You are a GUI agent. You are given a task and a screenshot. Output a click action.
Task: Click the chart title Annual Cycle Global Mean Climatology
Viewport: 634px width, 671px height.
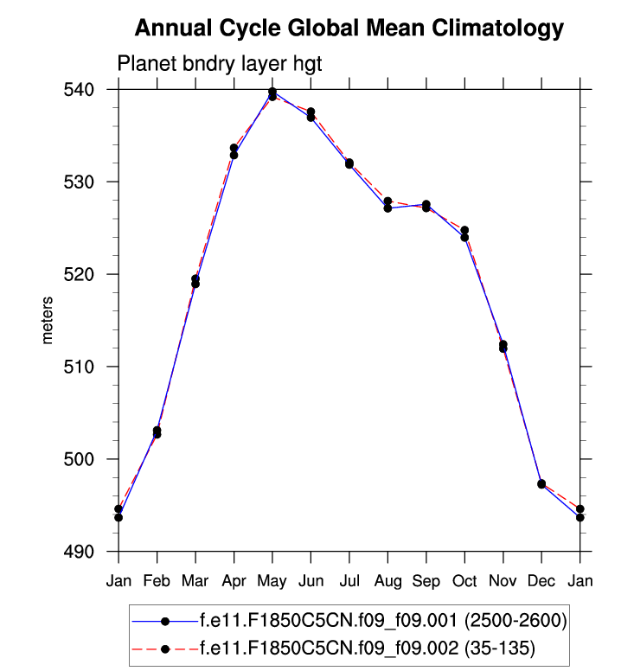(x=349, y=29)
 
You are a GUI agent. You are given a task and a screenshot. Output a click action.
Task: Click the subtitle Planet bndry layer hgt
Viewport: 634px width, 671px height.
(x=219, y=65)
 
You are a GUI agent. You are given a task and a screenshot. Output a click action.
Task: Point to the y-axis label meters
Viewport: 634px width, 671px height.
(x=48, y=320)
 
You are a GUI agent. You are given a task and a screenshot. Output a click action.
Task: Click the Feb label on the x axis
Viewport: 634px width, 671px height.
(x=157, y=580)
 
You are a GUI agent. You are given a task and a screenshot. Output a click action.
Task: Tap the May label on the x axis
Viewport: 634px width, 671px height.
(x=272, y=580)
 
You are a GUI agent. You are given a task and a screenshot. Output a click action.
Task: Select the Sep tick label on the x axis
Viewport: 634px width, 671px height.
(x=426, y=580)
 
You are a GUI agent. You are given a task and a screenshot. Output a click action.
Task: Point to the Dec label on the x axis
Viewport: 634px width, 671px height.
(x=541, y=580)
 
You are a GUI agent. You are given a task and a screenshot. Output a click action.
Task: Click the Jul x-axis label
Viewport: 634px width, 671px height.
(x=349, y=580)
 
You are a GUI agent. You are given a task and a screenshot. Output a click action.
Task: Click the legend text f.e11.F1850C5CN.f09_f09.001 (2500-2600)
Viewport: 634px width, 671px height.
(x=382, y=620)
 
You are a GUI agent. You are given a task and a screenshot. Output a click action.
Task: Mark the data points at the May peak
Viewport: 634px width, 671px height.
(x=272, y=93)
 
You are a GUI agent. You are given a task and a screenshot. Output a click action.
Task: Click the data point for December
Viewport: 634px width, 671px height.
(x=541, y=484)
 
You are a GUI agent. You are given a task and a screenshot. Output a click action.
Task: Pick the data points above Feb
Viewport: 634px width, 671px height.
(x=157, y=432)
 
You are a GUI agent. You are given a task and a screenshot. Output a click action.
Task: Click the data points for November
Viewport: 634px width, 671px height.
(x=503, y=347)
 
